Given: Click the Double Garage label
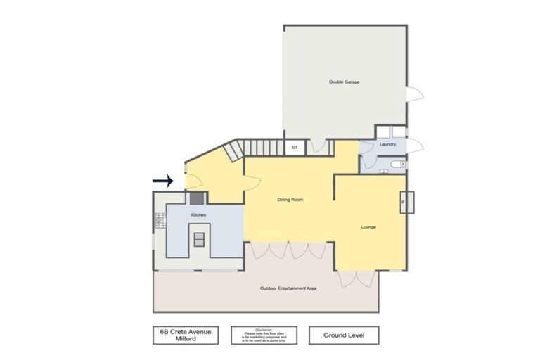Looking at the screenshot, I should (x=345, y=82).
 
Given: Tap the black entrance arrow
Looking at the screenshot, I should (x=163, y=181).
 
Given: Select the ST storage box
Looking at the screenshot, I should (x=294, y=148).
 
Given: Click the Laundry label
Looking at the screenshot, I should (x=388, y=144).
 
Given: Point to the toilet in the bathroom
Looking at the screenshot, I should (x=397, y=165).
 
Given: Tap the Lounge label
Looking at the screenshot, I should (x=369, y=227).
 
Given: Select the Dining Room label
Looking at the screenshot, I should (x=289, y=200).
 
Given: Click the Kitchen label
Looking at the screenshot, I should (x=199, y=215).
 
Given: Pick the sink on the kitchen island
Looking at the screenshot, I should (x=199, y=239).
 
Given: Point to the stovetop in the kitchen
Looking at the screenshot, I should (x=159, y=221).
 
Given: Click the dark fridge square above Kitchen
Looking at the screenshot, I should (x=198, y=199).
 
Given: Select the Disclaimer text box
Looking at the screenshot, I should (x=264, y=335).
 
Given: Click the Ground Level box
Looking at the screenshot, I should (x=343, y=335).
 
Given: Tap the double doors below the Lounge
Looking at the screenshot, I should (x=349, y=278).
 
